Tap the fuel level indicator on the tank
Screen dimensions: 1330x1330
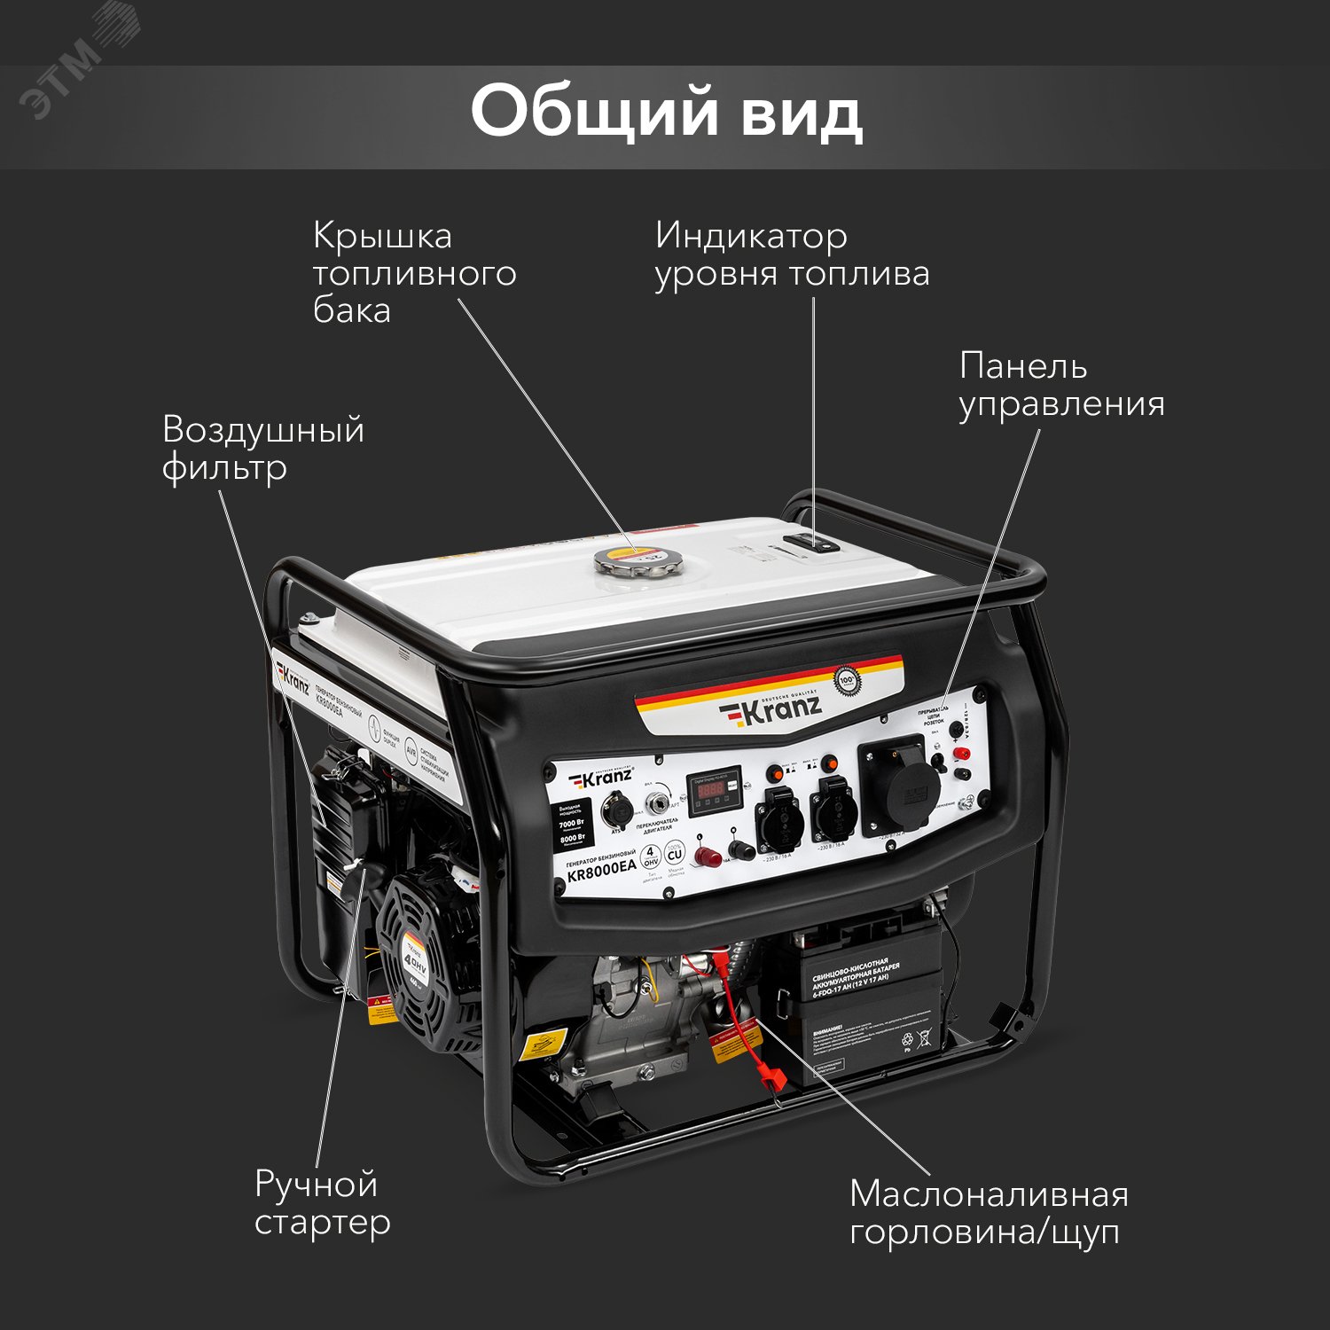[811, 543]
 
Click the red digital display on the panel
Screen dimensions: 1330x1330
[713, 789]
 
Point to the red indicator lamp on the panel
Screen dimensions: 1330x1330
[707, 857]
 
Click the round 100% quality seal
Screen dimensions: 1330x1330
[848, 682]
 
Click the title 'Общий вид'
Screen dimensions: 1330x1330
[666, 113]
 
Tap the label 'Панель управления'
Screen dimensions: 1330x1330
[1060, 385]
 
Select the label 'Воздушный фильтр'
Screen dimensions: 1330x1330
[263, 449]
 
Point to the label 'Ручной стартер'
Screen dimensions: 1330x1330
[322, 1203]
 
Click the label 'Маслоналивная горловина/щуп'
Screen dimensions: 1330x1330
[988, 1213]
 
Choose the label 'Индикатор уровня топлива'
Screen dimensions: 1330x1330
[792, 254]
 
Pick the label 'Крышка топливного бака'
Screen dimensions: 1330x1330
[414, 273]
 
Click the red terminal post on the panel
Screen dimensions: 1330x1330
[959, 754]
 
